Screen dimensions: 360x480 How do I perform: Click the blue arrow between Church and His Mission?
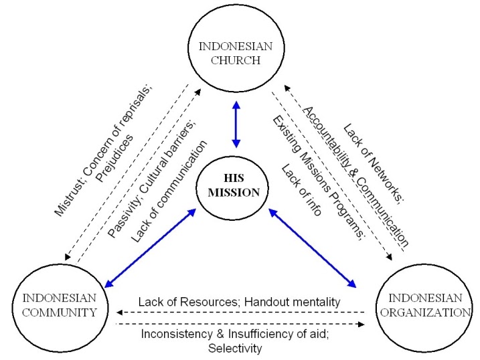236,126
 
